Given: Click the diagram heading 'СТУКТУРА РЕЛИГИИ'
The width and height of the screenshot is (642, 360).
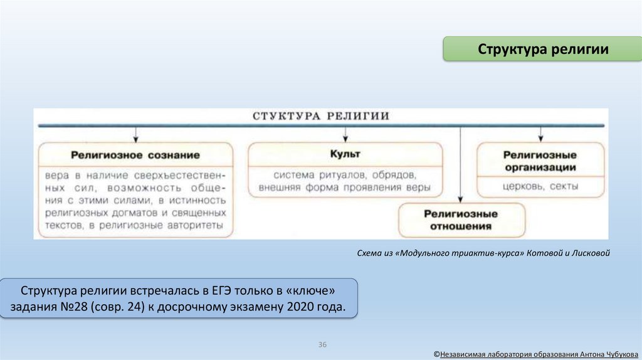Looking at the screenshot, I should [320, 116].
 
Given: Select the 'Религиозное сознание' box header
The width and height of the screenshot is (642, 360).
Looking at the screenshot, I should [135, 154].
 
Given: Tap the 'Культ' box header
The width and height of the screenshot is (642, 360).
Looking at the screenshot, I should [345, 154].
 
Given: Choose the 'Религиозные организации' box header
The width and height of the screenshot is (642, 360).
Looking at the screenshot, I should [540, 161].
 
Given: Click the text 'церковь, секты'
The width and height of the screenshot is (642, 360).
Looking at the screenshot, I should [540, 187].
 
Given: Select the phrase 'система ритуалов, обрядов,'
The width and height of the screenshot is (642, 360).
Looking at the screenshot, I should [345, 174].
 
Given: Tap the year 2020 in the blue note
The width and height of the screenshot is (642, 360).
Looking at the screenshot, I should [302, 308].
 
